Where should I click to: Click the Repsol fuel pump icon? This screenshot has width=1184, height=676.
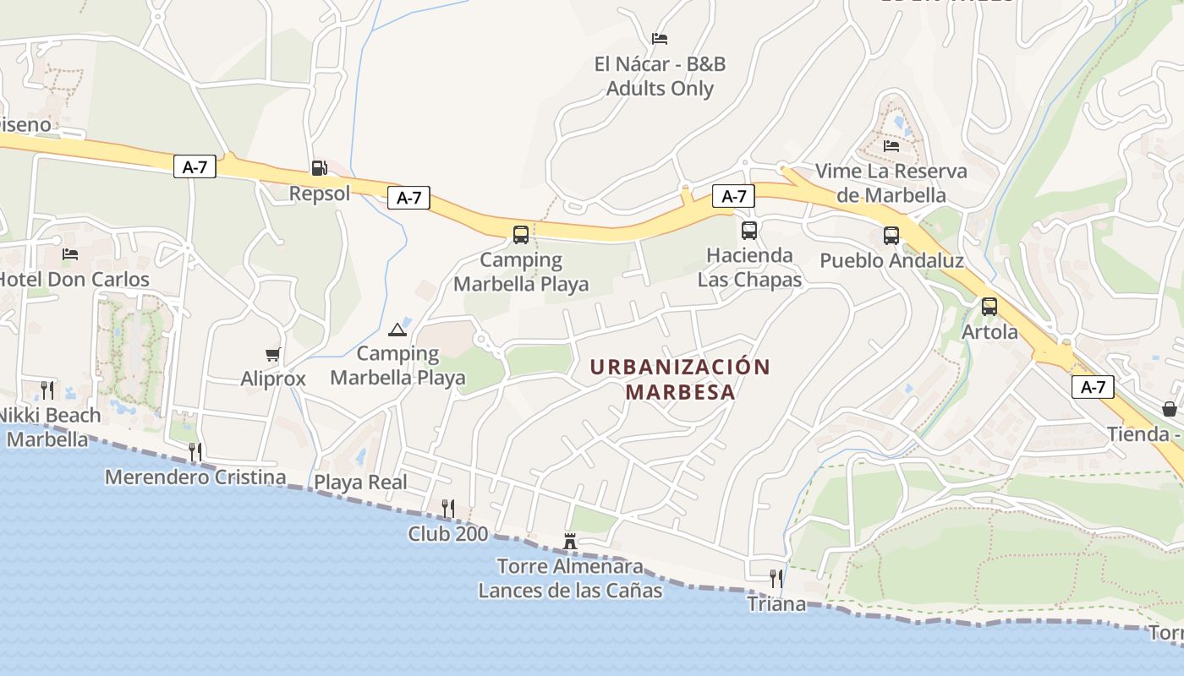(319, 167)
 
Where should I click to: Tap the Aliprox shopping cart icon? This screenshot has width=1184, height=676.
(272, 354)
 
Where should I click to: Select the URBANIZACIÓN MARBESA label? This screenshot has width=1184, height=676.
(680, 379)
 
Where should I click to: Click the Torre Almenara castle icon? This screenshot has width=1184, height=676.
(570, 541)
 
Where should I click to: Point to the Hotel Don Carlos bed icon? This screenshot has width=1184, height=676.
(70, 253)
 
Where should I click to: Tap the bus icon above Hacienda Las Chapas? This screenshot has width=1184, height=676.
(748, 230)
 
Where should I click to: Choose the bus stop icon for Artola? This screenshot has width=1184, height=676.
(989, 307)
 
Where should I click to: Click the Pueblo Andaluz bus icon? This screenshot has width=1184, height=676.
(891, 235)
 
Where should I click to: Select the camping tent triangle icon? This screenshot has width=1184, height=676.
(397, 329)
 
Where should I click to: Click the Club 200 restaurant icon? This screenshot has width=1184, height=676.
(448, 508)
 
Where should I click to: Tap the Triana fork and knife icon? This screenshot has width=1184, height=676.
(776, 578)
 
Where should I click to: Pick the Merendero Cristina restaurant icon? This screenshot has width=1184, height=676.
(195, 451)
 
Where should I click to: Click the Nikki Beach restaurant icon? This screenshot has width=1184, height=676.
(47, 390)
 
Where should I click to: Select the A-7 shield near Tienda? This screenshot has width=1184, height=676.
(1093, 387)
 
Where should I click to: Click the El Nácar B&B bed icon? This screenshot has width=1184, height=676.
(660, 38)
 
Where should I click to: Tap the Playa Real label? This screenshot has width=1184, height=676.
(361, 482)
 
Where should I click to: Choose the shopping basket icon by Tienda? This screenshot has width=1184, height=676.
(1170, 409)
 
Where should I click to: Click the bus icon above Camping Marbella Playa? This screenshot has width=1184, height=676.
(520, 234)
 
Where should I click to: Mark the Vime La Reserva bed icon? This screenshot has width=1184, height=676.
(891, 145)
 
